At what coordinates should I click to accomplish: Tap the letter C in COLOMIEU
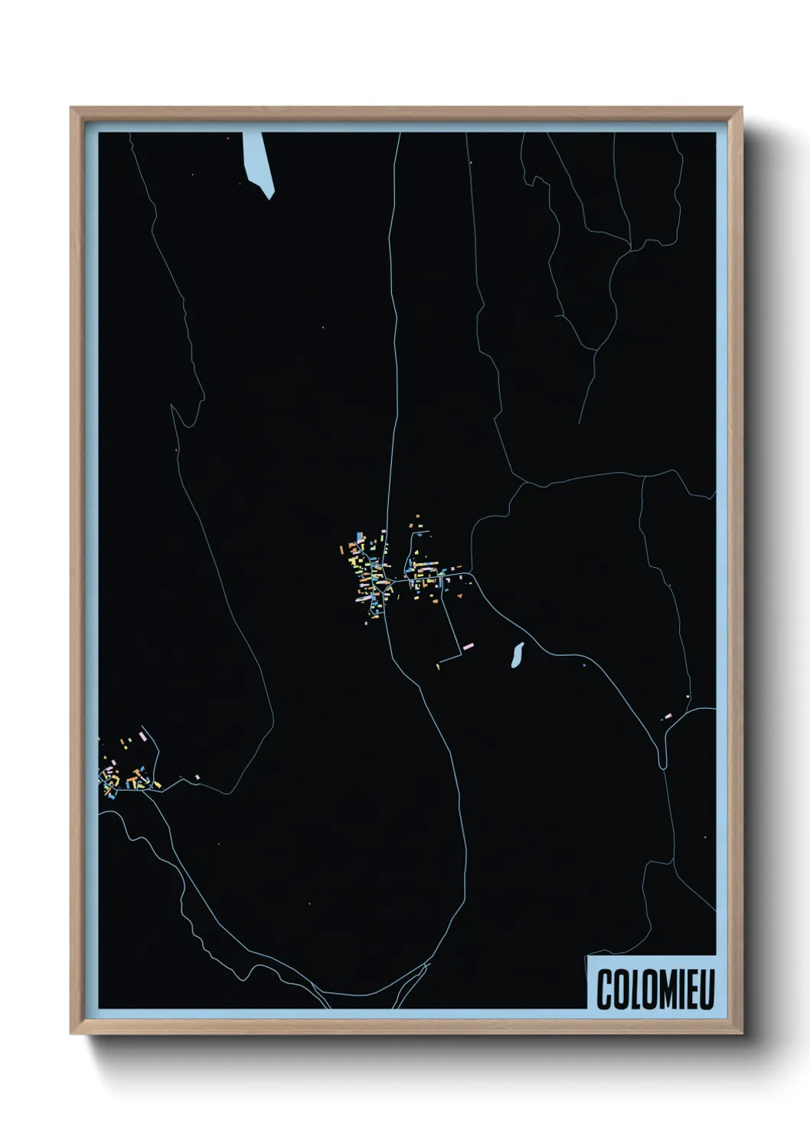[x=603, y=990]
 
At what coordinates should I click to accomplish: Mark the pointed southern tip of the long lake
[x=269, y=198]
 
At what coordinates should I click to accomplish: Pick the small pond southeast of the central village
[x=517, y=653]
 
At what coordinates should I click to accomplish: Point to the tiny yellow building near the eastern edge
[x=688, y=696]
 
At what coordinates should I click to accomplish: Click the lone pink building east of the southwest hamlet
[x=198, y=778]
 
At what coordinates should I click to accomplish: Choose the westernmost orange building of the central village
[x=344, y=548]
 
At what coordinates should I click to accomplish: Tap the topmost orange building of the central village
[x=418, y=517]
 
